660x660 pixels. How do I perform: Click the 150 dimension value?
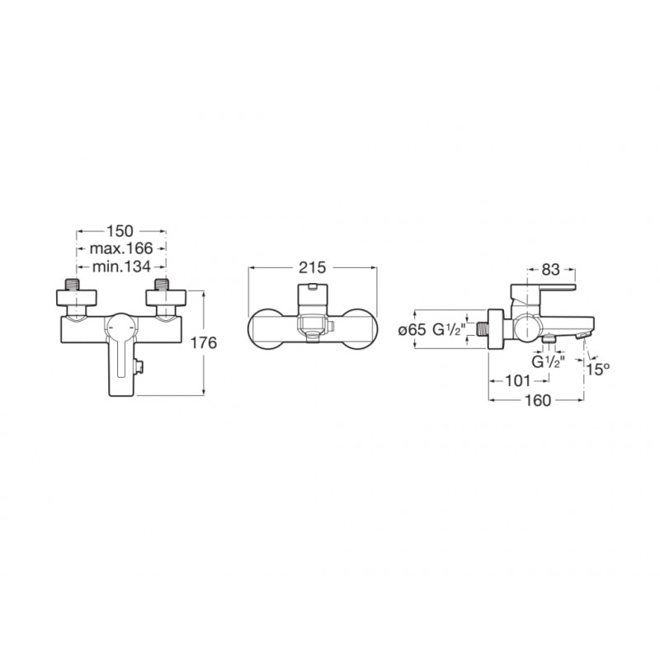click(120, 231)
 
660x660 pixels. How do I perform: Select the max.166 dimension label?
click(121, 249)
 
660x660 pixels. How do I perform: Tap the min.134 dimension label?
click(121, 266)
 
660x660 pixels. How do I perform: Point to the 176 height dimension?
click(204, 343)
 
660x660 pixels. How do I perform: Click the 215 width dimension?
click(313, 267)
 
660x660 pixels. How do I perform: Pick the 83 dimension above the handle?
click(550, 270)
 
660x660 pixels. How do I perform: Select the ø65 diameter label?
click(412, 330)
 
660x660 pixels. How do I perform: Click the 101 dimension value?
click(518, 381)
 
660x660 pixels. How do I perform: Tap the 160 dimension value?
click(538, 400)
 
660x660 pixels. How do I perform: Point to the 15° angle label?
click(598, 369)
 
